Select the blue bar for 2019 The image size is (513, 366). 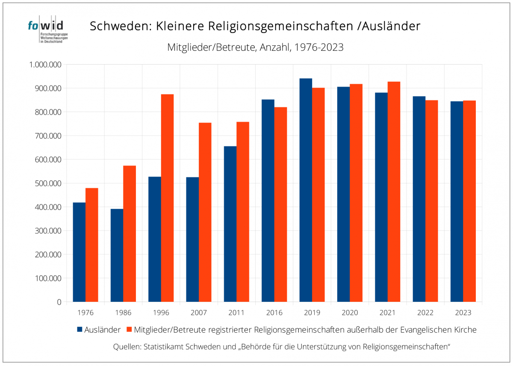(x=306, y=190)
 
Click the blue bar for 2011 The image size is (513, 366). (x=230, y=224)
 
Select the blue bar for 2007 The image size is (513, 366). (x=192, y=239)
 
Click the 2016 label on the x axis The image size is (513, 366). (x=274, y=313)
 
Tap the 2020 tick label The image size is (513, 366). (x=350, y=313)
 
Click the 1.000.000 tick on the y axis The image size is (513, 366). (x=44, y=65)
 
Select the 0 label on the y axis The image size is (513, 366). (x=59, y=302)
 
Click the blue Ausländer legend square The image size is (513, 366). (x=80, y=330)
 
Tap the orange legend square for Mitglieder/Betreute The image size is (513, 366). (x=129, y=330)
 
